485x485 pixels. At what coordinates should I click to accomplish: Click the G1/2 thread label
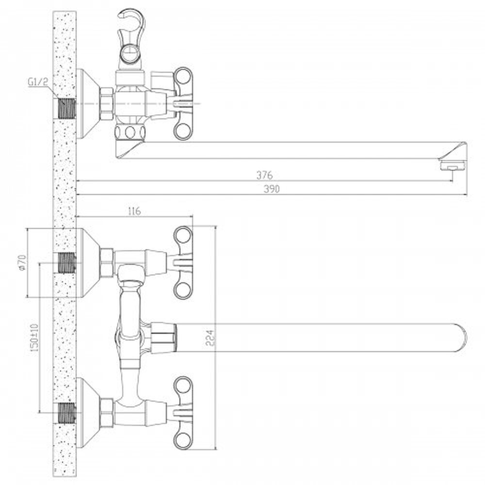(38, 82)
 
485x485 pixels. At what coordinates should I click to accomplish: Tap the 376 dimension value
(264, 176)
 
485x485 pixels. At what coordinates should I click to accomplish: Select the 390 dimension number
(272, 189)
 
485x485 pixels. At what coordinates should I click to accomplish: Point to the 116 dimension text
(134, 211)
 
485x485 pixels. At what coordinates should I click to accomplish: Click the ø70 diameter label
(22, 262)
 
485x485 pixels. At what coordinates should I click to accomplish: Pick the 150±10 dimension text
(34, 338)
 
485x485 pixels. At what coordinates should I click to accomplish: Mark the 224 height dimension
(210, 338)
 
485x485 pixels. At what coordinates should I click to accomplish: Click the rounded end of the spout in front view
(461, 338)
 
